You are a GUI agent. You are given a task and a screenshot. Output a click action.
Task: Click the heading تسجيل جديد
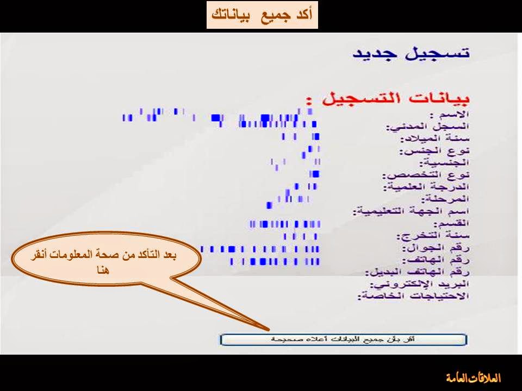coord(411,54)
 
